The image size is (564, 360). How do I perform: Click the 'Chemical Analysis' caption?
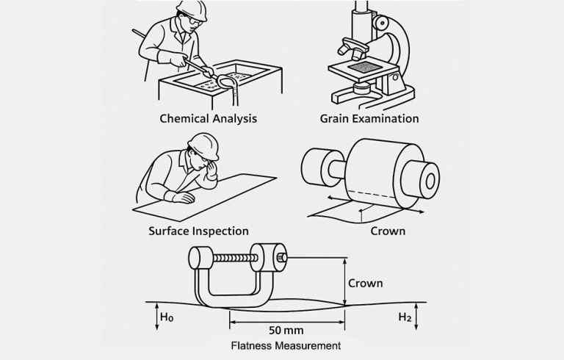tap(209, 118)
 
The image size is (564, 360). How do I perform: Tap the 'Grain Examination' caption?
tap(369, 118)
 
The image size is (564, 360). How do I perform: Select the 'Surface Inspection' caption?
tap(198, 231)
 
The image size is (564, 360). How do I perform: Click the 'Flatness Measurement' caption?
tap(286, 345)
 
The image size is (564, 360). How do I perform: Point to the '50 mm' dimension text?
tap(286, 330)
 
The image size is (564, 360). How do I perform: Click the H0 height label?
tap(167, 317)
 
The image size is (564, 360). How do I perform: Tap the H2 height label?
tap(404, 317)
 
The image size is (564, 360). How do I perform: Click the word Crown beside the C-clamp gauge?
tap(365, 283)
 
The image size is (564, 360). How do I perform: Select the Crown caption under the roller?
tap(388, 231)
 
